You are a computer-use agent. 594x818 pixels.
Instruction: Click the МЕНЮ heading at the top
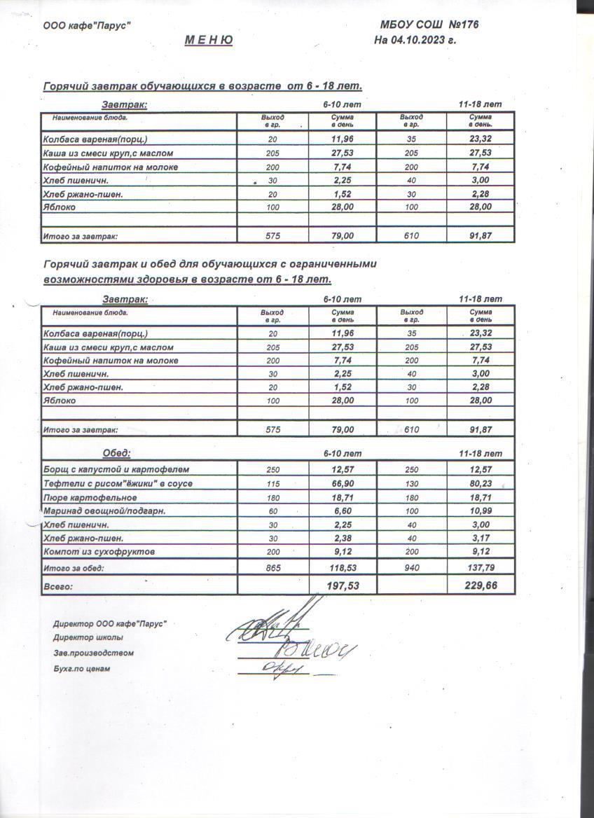(209, 40)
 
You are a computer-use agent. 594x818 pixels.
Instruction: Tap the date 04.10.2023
(420, 40)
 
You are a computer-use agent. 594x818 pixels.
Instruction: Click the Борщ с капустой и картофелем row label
(116, 469)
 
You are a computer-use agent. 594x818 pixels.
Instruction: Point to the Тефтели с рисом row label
(118, 483)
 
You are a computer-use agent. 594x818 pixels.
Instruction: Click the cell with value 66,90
(343, 483)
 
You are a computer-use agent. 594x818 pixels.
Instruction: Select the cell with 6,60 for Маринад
(343, 511)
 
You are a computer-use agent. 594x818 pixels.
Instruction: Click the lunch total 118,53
(343, 568)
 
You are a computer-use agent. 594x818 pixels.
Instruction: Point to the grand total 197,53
(343, 585)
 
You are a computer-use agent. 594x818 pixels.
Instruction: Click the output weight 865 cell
(273, 568)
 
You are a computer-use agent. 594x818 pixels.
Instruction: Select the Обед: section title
(116, 453)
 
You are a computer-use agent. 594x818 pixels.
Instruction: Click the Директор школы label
(88, 638)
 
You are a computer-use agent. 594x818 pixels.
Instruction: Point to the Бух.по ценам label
(81, 669)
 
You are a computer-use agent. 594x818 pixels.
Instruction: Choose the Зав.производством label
(93, 653)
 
